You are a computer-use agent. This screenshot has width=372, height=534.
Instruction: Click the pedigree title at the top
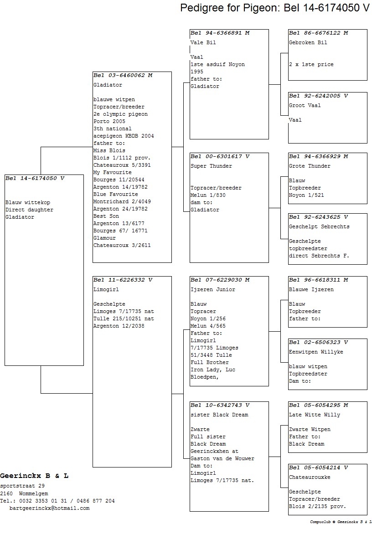click(275, 7)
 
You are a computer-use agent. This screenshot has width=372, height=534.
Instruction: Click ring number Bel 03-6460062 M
click(123, 75)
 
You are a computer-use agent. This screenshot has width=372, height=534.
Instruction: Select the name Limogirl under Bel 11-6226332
click(106, 289)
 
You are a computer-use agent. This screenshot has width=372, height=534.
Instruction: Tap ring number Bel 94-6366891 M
click(220, 33)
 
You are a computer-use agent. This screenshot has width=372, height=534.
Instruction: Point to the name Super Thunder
click(211, 166)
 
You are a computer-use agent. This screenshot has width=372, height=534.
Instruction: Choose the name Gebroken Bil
click(308, 42)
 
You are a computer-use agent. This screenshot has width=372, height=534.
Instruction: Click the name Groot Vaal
click(305, 106)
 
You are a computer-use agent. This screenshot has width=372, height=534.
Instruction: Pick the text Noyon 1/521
click(307, 195)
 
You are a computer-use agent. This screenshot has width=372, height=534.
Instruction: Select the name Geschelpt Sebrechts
click(319, 227)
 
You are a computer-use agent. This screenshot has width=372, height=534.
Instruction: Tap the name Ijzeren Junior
click(213, 289)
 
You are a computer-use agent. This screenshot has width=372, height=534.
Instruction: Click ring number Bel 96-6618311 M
click(319, 280)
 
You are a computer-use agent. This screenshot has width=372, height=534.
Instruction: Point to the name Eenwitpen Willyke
click(316, 352)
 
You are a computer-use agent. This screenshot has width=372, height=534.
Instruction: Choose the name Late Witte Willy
click(315, 415)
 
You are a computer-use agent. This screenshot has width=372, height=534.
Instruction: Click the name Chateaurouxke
click(310, 478)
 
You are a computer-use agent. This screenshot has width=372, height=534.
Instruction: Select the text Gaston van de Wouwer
click(222, 459)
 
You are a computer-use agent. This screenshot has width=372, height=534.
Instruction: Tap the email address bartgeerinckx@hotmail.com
click(49, 508)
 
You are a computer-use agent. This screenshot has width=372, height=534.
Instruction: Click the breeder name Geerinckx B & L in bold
click(34, 476)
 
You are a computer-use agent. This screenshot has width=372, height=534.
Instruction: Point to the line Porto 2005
click(109, 122)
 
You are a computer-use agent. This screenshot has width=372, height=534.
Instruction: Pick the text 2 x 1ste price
click(311, 64)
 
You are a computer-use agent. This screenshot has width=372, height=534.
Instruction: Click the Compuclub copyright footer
click(341, 522)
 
